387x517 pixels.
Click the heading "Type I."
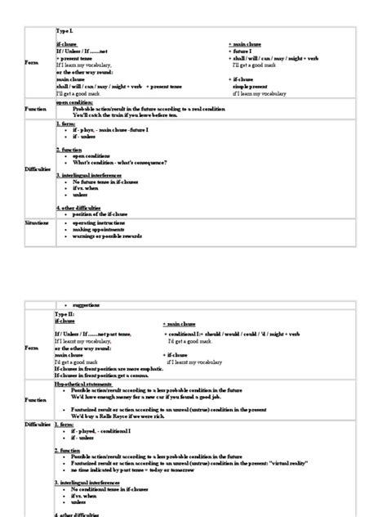(x=64, y=30)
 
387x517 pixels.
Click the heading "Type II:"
(x=64, y=312)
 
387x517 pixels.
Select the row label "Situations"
(x=38, y=222)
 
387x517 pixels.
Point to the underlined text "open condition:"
(x=74, y=103)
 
